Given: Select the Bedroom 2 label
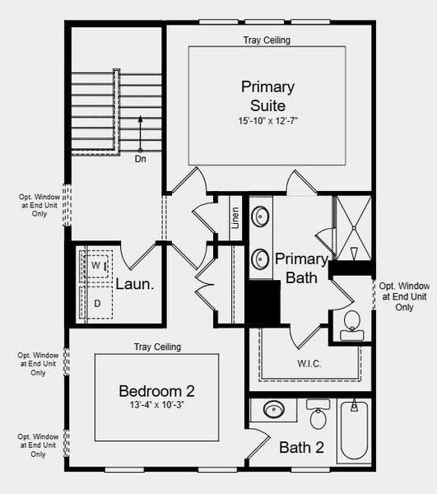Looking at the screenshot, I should tap(156, 390).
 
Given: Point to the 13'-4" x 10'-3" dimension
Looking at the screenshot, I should tap(156, 406).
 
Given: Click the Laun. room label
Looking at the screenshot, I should tap(133, 286).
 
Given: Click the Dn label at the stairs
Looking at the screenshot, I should tap(142, 159).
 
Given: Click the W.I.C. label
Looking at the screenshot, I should tap(309, 363).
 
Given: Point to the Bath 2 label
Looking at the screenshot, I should tap(300, 448).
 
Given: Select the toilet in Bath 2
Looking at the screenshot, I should tap(318, 415).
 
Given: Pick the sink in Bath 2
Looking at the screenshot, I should tap(274, 409).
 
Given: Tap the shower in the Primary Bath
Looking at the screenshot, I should tap(353, 227).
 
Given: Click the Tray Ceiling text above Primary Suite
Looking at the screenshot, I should tap(266, 40).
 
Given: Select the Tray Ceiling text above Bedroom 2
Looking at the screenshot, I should tap(157, 347).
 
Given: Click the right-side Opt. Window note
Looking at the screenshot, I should tap(404, 296).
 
